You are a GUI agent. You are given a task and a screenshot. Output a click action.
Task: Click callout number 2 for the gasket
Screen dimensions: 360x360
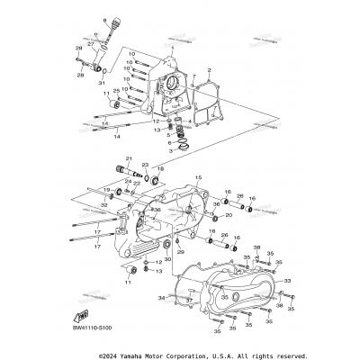click(x=208, y=68)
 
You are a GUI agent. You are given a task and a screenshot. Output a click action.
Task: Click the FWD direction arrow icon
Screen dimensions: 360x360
click(x=82, y=316)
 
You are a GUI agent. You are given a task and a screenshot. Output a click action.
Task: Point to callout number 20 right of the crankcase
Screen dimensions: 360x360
click(x=229, y=215)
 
